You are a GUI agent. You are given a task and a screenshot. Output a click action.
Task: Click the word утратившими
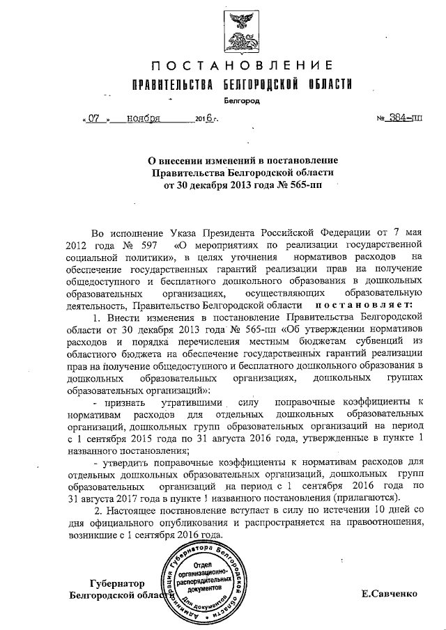(192, 403)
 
